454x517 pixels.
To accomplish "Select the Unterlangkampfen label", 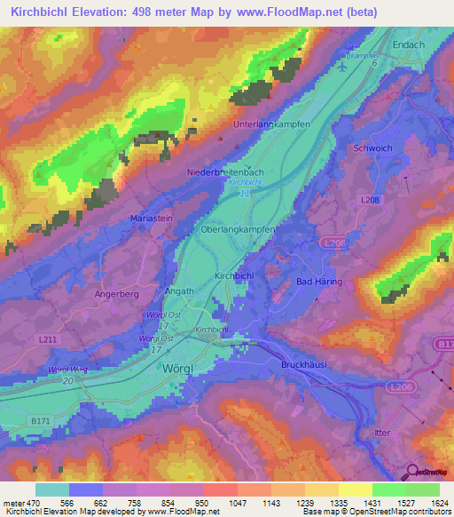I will point(271,124).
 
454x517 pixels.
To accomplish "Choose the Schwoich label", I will point(371,148).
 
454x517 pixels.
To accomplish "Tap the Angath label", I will point(178,290).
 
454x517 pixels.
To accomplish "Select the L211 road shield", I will point(48,339).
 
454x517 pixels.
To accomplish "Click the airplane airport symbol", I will point(344,67).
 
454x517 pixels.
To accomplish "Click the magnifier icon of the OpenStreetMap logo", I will point(412,472).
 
